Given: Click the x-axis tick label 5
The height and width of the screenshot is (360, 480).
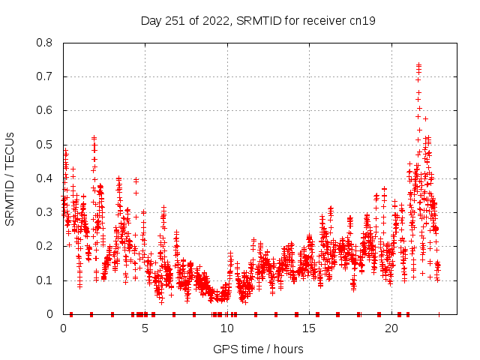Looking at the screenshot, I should click(145, 328).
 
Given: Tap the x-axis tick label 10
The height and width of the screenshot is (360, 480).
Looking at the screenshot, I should click(228, 328).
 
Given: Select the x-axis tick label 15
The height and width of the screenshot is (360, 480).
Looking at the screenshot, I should click(310, 328).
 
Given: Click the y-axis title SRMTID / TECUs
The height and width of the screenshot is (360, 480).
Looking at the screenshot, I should click(10, 178).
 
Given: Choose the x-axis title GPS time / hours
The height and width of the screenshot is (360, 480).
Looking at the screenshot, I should click(258, 349).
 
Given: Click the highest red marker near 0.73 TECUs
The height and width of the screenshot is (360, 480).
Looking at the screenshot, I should click(418, 65).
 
